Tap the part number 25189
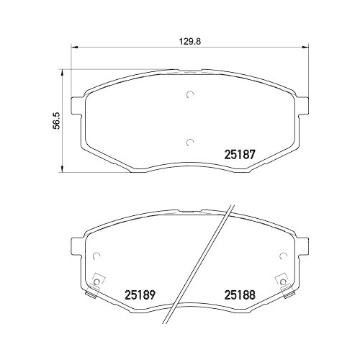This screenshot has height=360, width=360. coord(140,294)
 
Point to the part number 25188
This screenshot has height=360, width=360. coord(240,294)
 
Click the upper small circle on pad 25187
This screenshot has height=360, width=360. coord(191,94)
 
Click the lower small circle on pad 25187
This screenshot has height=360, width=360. coord(191,142)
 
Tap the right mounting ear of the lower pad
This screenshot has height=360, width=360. coord(305,248)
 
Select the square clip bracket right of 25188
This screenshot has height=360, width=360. coord(282,282)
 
